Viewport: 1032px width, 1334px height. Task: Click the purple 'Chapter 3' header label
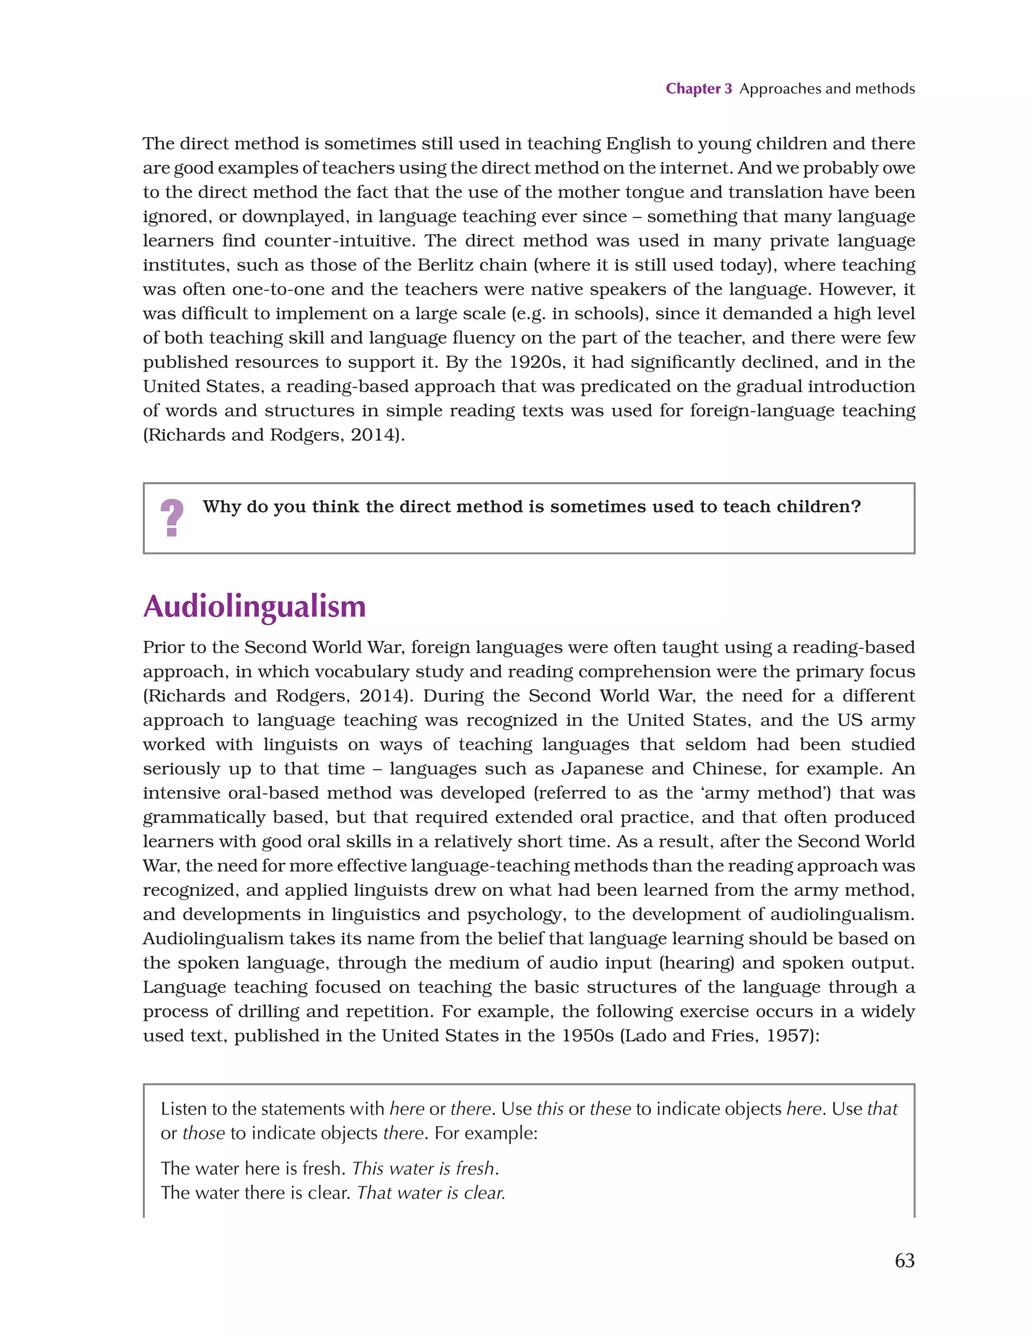[698, 89]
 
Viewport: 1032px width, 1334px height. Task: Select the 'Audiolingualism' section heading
[254, 607]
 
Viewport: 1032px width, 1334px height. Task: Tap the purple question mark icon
[172, 518]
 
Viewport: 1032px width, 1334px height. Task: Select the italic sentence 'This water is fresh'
[424, 1169]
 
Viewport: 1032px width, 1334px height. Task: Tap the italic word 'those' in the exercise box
[204, 1133]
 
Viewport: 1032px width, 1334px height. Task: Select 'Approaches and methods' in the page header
[827, 89]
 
